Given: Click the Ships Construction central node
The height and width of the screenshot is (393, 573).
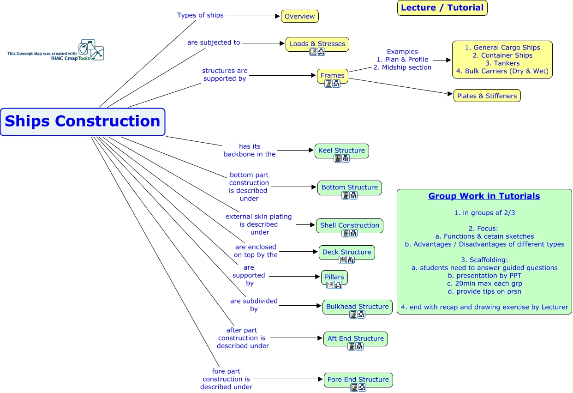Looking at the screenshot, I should click(x=83, y=121).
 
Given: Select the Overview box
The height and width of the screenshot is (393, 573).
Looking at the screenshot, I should click(x=299, y=16).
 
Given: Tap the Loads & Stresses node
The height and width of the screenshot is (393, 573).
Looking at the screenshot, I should click(x=317, y=44).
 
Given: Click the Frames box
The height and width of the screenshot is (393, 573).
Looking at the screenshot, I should click(x=332, y=75).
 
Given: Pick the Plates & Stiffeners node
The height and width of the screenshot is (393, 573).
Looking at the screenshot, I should click(x=487, y=96).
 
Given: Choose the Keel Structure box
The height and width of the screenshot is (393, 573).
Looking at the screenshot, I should click(x=341, y=151).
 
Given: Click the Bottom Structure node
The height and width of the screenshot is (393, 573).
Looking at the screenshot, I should click(x=349, y=187).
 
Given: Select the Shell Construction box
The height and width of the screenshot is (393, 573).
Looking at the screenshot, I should click(x=349, y=225).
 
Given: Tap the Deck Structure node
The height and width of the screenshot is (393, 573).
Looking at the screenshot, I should click(x=346, y=252).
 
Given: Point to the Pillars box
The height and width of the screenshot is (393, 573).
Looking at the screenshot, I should click(x=334, y=277).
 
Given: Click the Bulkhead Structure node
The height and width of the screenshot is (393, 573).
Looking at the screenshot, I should click(x=357, y=307).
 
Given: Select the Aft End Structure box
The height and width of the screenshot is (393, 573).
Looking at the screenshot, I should click(x=355, y=339).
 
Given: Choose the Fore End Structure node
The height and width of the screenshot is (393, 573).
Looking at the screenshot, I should click(x=358, y=380).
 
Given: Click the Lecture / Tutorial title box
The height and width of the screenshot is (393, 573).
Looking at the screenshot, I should click(x=442, y=8).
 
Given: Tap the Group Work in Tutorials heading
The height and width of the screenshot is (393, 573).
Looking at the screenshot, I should click(x=484, y=196).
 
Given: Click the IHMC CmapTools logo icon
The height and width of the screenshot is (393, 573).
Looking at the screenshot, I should click(x=91, y=49).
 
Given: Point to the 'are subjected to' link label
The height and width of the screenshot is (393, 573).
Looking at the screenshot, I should click(x=214, y=42).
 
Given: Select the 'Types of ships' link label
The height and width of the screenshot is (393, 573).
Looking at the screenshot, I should click(x=200, y=15).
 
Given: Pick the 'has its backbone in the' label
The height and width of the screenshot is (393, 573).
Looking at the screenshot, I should click(x=250, y=151).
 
